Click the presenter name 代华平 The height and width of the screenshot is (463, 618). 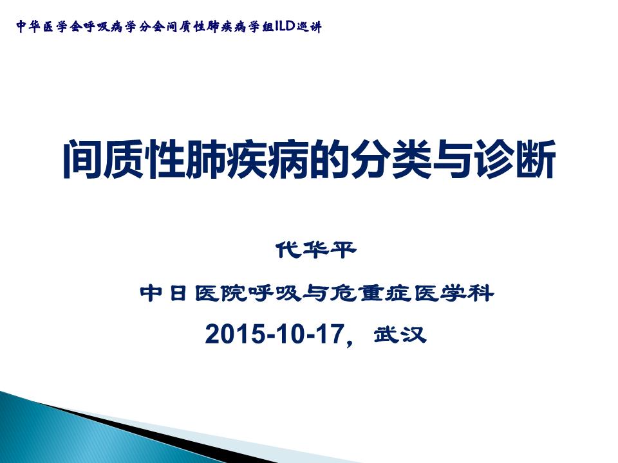(315, 250)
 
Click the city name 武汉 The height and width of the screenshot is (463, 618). (400, 335)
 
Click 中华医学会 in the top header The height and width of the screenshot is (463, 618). (46, 27)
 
